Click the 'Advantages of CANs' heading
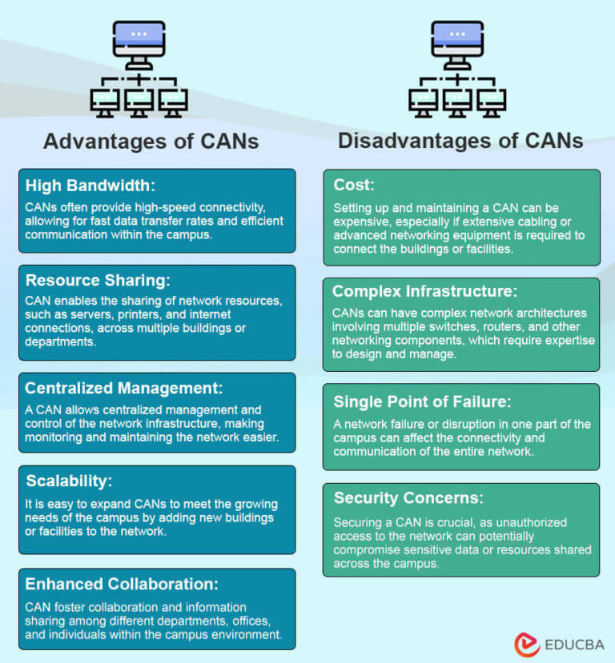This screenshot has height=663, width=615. point(151,142)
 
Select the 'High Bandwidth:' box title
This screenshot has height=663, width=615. point(89,186)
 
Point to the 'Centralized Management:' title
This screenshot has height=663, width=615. point(123,389)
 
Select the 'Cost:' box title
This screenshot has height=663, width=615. point(354,185)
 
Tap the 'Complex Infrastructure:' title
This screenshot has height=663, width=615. point(425,290)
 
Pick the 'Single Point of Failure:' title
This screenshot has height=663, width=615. point(421,402)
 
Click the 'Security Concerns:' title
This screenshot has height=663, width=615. point(408,498)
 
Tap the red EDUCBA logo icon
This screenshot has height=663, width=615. point(526,642)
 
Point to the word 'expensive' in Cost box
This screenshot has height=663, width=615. point(361,223)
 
